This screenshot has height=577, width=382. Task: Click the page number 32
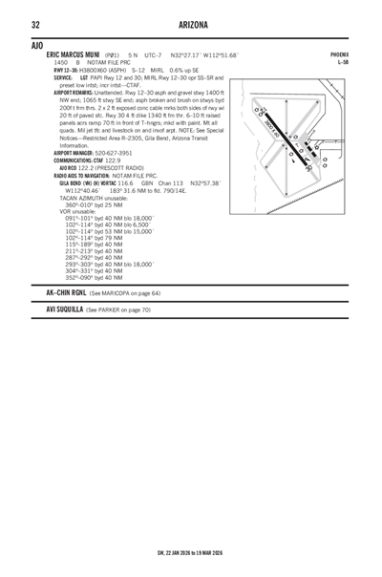(34, 24)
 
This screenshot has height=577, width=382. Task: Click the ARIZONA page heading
(191, 24)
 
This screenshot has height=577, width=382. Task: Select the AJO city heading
(36, 45)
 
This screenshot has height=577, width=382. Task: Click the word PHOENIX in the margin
(338, 55)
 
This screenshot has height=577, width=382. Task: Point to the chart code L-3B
(343, 63)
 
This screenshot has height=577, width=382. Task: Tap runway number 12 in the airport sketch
(259, 113)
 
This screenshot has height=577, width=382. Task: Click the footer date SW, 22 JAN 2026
(168, 552)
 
